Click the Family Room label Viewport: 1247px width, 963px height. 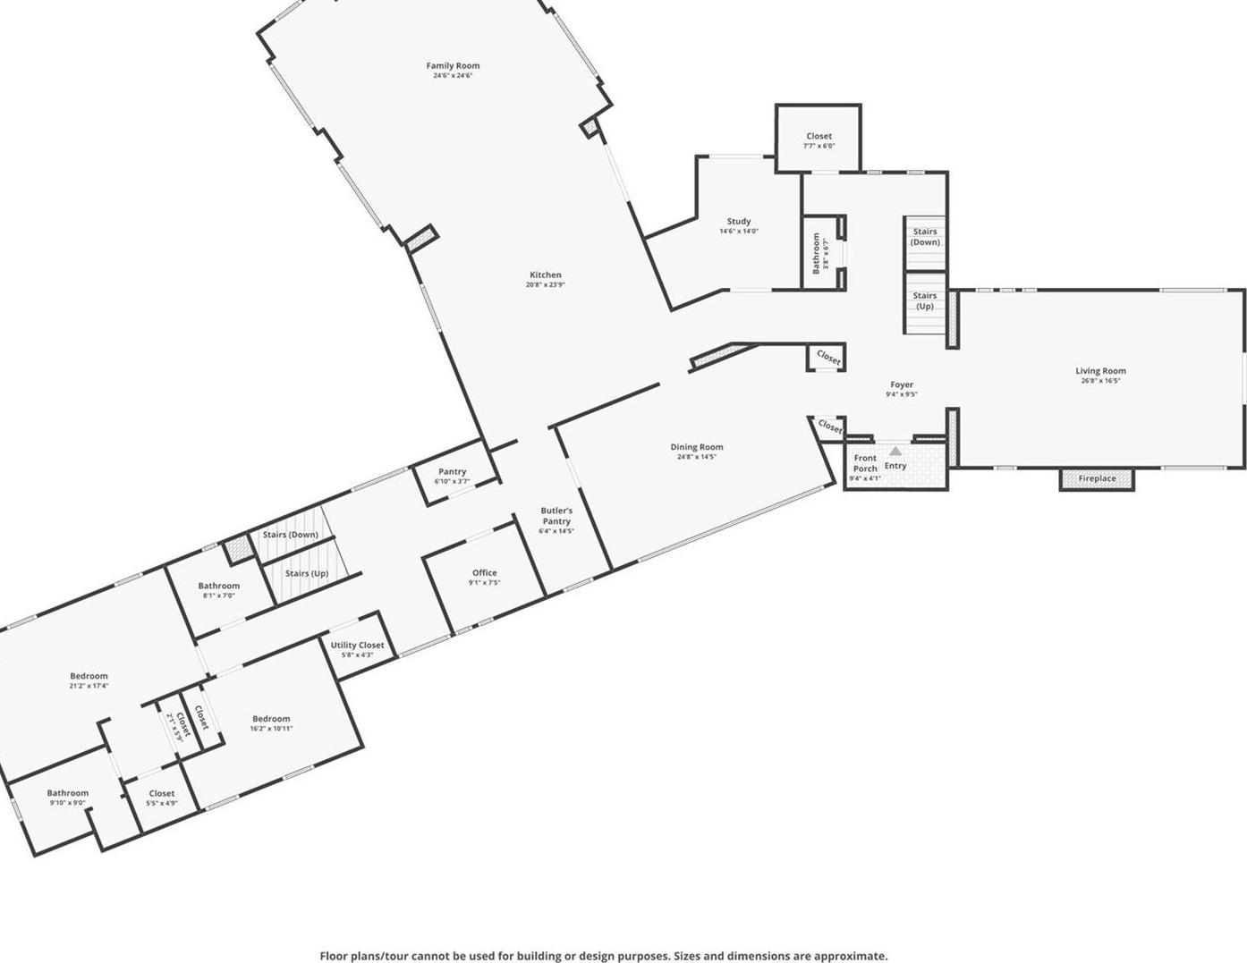pyautogui.click(x=453, y=66)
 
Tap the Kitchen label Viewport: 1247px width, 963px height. pyautogui.click(x=546, y=275)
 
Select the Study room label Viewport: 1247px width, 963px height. pyautogui.click(x=739, y=222)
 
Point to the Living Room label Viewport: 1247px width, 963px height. pyautogui.click(x=1100, y=371)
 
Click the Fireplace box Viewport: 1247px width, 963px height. pyautogui.click(x=1097, y=479)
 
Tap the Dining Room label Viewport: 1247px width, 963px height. pyautogui.click(x=697, y=447)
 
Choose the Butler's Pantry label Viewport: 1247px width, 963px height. pyautogui.click(x=556, y=516)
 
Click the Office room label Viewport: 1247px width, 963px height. pyautogui.click(x=485, y=573)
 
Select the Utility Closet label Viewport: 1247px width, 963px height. pyautogui.click(x=357, y=646)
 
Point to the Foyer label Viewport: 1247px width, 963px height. pyautogui.click(x=902, y=384)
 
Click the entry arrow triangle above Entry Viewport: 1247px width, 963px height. pyautogui.click(x=895, y=452)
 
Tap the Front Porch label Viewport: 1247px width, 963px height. pyautogui.click(x=865, y=463)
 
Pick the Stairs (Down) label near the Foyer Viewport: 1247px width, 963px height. pyautogui.click(x=925, y=237)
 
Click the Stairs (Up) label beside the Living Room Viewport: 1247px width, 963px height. pyautogui.click(x=925, y=300)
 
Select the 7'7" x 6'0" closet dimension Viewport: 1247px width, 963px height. pyautogui.click(x=819, y=146)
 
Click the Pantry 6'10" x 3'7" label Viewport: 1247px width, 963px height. pyautogui.click(x=453, y=476)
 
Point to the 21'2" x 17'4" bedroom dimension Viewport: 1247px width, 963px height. pyautogui.click(x=89, y=686)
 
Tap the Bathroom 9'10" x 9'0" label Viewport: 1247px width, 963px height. pyautogui.click(x=68, y=798)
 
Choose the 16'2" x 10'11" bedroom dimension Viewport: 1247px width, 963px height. pyautogui.click(x=271, y=729)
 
